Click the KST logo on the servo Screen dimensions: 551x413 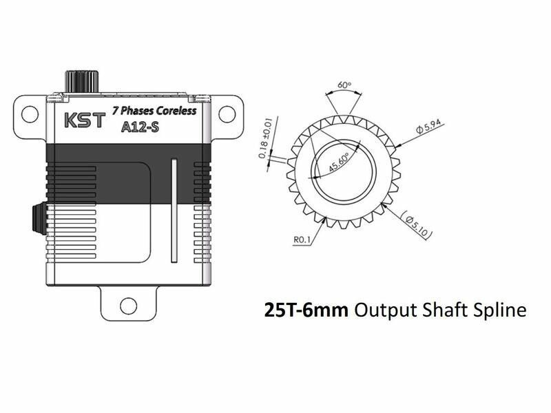click(x=85, y=120)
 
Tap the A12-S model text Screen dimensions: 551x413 click(x=140, y=127)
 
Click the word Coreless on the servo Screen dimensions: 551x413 click(x=176, y=111)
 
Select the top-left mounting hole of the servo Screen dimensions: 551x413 click(x=30, y=114)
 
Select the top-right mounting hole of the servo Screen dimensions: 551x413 click(x=227, y=114)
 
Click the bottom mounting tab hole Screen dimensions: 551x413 click(x=128, y=306)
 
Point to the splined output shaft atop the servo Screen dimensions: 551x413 click(x=82, y=82)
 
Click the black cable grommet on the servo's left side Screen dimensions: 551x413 click(x=39, y=218)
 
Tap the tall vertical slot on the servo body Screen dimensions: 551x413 click(x=174, y=211)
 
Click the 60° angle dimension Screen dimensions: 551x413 click(x=344, y=85)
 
